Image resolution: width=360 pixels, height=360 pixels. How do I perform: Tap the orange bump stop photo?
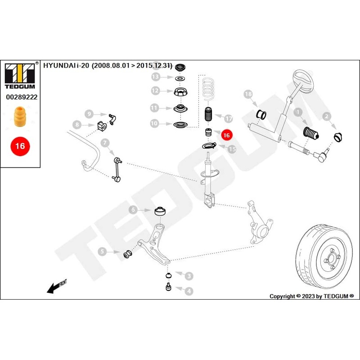coord(19,117)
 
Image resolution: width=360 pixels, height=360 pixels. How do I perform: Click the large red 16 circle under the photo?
coord(20,146)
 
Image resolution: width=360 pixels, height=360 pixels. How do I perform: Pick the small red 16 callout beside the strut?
coord(226,134)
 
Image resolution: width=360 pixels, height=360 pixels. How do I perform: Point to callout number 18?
coord(247,94)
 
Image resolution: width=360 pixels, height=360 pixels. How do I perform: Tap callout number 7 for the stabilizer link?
coord(104,144)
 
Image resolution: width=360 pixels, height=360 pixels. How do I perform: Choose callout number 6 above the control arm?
coord(133,210)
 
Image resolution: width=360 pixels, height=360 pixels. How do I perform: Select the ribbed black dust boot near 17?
coord(208,116)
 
